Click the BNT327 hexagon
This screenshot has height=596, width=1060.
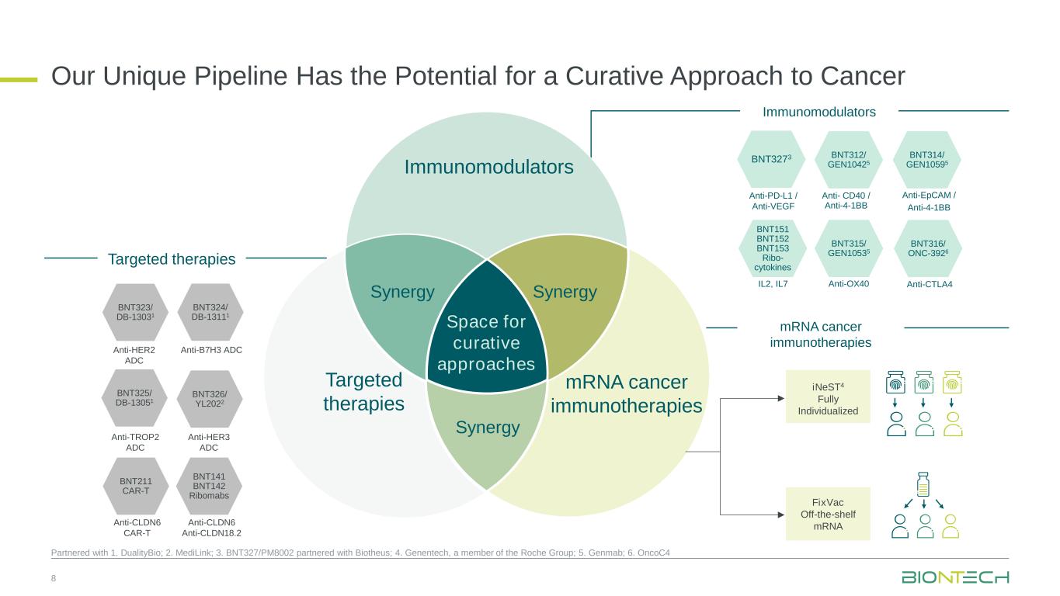(x=770, y=159)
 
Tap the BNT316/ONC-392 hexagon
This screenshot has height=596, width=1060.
(x=929, y=249)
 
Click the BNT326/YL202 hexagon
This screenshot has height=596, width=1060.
(x=209, y=398)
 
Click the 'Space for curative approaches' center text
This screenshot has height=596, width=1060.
(x=487, y=342)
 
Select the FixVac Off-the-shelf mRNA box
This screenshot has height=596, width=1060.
(x=828, y=513)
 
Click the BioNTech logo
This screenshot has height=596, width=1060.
(x=955, y=578)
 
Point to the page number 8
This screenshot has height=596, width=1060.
(x=54, y=579)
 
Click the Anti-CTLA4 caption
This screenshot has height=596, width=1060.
(x=930, y=284)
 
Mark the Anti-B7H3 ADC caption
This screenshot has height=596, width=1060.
(x=211, y=350)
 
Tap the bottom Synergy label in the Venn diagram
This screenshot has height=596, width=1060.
(x=487, y=427)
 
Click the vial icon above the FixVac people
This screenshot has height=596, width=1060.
(x=923, y=484)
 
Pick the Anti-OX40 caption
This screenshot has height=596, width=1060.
(x=848, y=283)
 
